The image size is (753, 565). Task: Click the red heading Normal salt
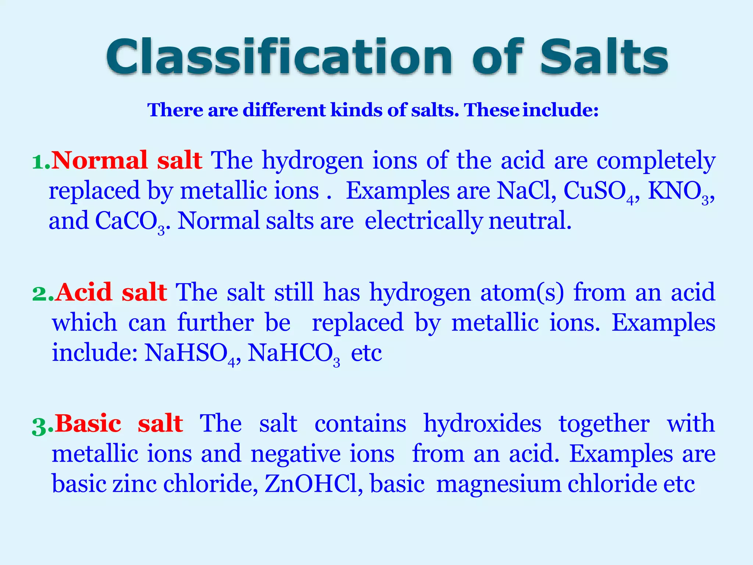[127, 160]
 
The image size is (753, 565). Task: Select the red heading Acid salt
[111, 292]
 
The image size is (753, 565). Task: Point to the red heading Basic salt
[119, 423]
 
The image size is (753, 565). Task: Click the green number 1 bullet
[40, 162]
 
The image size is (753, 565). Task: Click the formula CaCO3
[131, 222]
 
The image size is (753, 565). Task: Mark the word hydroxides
[482, 424]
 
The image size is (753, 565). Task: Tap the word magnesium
[499, 484]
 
